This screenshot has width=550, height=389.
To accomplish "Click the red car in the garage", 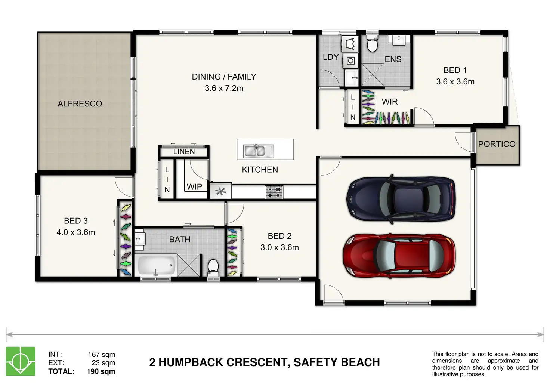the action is point(399,256).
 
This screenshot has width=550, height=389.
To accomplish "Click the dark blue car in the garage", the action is point(401,199).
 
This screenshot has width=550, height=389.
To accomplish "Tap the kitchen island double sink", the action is point(258,151).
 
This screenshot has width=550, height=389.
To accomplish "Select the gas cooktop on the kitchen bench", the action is point(274,192).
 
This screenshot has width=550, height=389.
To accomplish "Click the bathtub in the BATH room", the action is point(157,265).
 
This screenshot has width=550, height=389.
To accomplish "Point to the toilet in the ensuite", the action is point(372,43).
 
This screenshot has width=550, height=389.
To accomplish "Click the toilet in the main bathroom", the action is point(213,269).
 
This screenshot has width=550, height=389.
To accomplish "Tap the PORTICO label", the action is point(497,144).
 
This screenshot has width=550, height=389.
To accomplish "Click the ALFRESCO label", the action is point(80,104).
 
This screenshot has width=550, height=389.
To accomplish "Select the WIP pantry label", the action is point(194,187).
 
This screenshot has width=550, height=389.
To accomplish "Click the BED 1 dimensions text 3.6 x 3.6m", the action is point(455,81).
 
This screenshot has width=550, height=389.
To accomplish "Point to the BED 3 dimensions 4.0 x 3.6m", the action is point(75,232).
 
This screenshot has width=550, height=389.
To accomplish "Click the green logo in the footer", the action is point(21,361).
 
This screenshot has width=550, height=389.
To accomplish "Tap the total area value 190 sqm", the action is point(101,371).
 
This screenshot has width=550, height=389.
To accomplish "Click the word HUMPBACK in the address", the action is point(191,362).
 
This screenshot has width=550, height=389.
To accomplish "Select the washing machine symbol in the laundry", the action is point(350,61).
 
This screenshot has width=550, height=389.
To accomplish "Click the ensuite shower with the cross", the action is point(373,75).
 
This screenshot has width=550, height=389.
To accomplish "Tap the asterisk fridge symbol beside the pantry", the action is point(220,191).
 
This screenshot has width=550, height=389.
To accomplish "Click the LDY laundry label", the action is point(331,57).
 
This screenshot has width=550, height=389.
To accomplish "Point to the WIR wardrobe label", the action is point(390,102).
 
